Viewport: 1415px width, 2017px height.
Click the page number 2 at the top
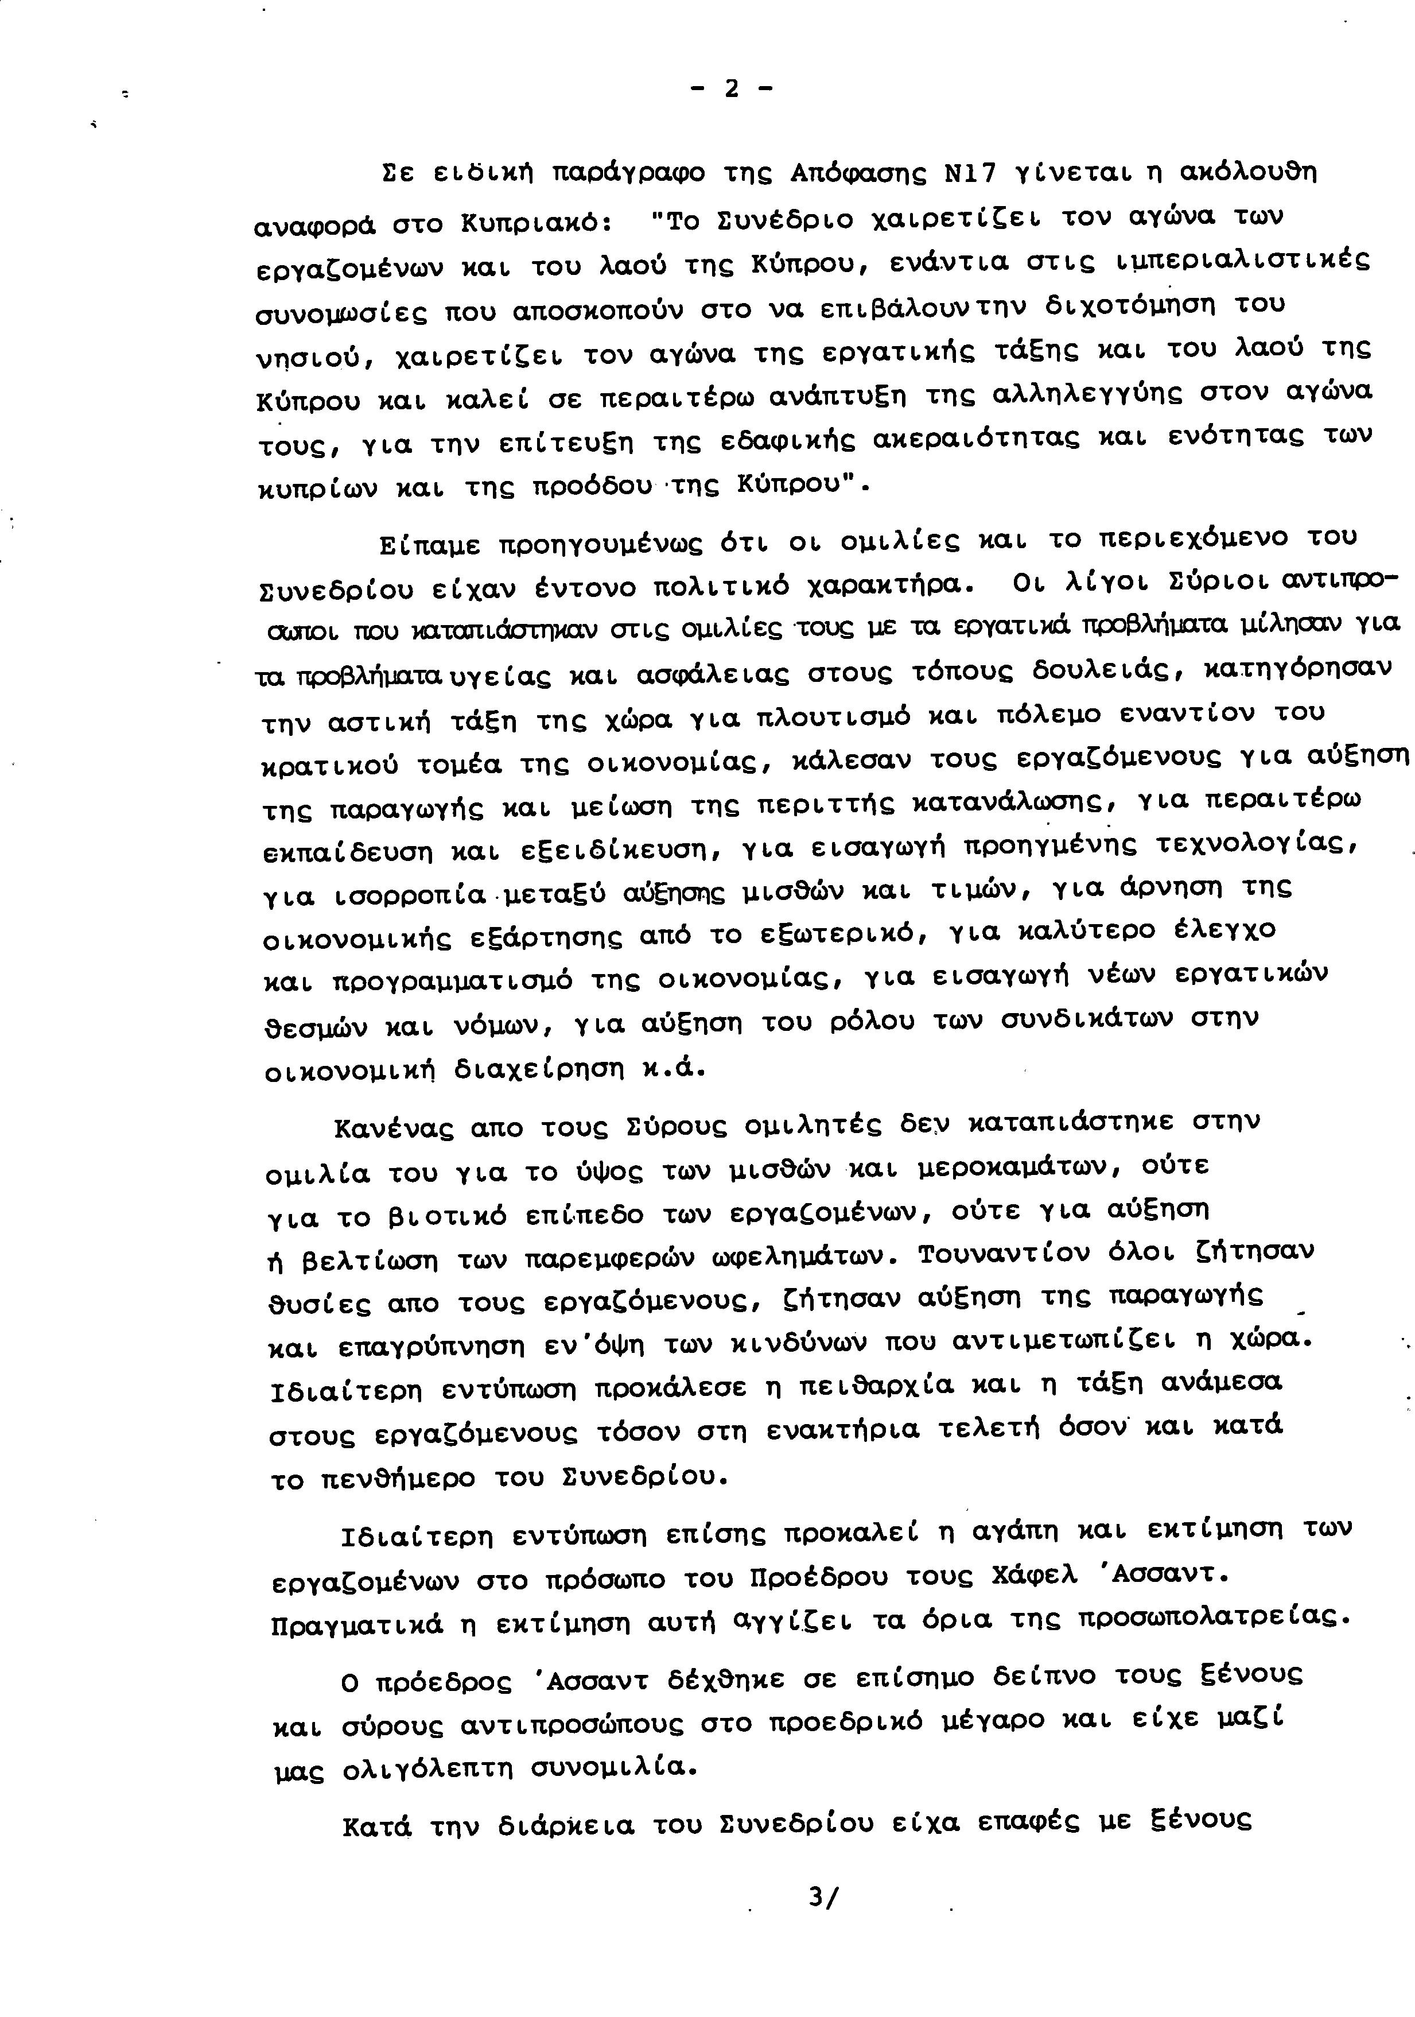731,89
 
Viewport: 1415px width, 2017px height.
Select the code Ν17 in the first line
970,174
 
